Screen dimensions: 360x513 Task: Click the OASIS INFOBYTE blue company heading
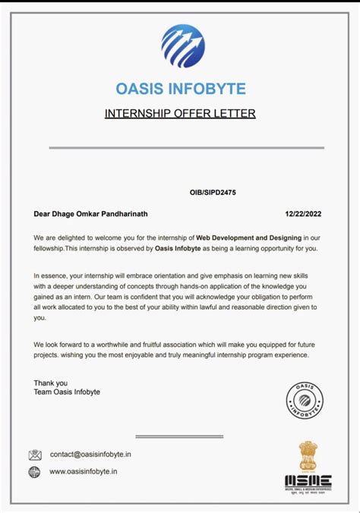pos(181,90)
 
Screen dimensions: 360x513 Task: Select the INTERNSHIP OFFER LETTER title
pos(180,114)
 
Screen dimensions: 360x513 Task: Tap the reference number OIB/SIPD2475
pos(213,193)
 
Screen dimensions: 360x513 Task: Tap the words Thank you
pos(51,383)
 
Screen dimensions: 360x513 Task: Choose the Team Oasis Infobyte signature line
pos(67,392)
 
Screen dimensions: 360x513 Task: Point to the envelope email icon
pos(35,455)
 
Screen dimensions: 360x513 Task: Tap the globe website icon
pos(34,472)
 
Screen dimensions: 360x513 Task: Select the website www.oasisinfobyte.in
pos(84,472)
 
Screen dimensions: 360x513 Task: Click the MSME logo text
pos(308,480)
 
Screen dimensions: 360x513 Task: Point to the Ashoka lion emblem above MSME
pos(309,455)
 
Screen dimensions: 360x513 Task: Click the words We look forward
pos(61,345)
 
